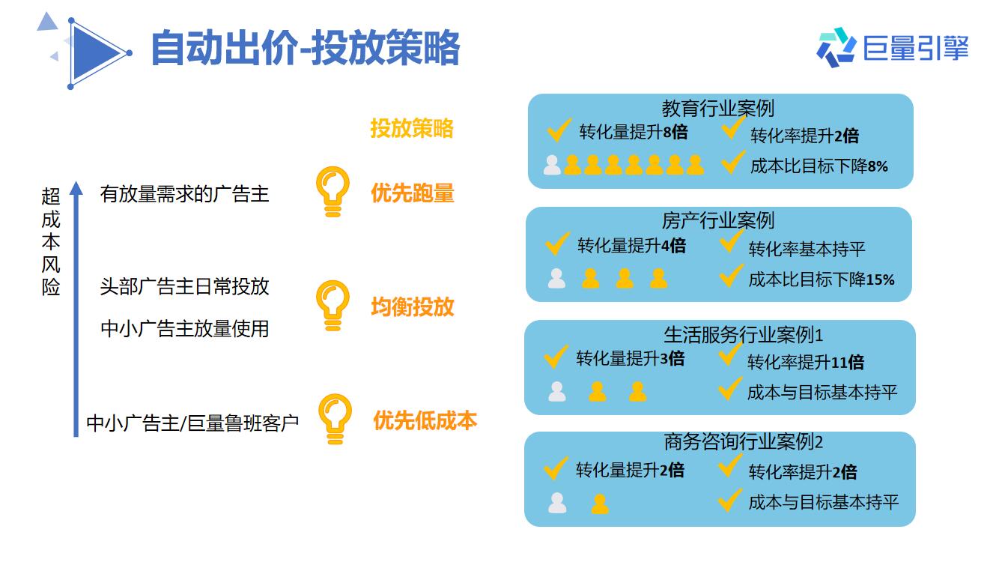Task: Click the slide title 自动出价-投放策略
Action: (306, 48)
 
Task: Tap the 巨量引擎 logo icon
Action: (836, 47)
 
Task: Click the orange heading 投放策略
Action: (412, 129)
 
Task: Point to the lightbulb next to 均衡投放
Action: (333, 306)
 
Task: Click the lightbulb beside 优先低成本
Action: (335, 419)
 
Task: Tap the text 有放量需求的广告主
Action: (185, 194)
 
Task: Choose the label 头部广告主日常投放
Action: (185, 286)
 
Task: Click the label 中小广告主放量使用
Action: (185, 328)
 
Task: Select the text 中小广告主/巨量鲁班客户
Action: (192, 423)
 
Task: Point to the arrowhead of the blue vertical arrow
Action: (76, 188)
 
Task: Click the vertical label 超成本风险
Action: (51, 241)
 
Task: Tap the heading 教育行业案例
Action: (717, 108)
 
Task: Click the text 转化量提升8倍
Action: (634, 132)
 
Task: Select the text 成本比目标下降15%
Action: (822, 280)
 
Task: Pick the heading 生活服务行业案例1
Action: (743, 335)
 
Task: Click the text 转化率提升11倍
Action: (806, 362)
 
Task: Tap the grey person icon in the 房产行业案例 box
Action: (556, 279)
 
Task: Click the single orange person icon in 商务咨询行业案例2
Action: (600, 504)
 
